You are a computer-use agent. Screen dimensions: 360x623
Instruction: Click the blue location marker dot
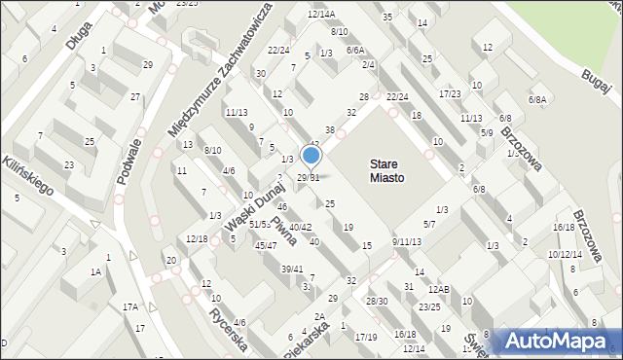(311, 156)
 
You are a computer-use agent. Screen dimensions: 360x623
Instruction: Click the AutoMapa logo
(558, 342)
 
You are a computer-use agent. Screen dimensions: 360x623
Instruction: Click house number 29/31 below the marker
(308, 177)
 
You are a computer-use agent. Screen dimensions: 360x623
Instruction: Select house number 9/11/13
(407, 241)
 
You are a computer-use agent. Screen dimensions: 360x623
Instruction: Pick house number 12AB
(439, 289)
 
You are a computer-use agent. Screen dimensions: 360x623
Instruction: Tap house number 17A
(130, 306)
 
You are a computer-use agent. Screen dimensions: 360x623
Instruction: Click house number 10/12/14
(564, 254)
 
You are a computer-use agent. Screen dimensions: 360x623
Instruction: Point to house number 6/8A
(537, 99)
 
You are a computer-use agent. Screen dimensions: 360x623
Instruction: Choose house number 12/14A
(321, 14)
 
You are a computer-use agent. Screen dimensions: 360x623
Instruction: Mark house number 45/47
(266, 245)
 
